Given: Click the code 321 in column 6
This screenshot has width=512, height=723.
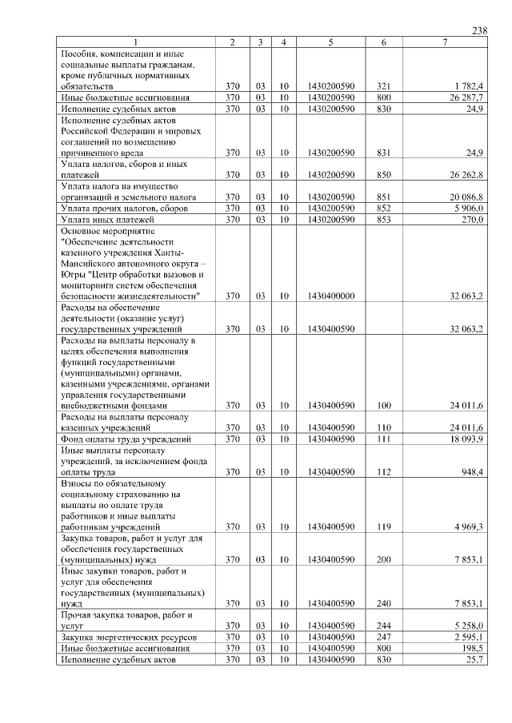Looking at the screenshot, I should [383, 85].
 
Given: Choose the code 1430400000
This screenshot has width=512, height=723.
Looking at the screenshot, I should [331, 296].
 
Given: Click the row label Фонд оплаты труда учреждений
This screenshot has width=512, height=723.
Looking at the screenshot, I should [126, 439].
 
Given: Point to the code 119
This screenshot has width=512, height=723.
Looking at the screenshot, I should [383, 527].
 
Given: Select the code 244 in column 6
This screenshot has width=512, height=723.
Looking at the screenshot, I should [383, 626].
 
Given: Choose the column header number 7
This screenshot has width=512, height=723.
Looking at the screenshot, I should [444, 42].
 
